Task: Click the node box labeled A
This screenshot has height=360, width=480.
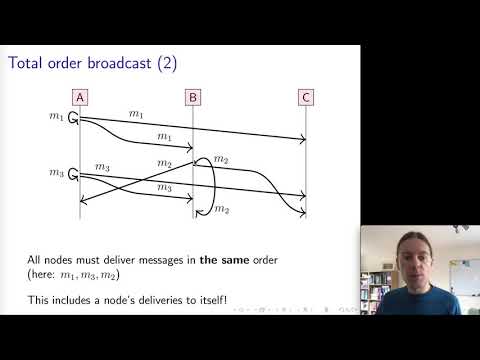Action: tap(79, 97)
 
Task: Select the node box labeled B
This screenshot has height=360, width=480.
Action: tap(193, 97)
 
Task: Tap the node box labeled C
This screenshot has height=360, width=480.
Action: tap(305, 97)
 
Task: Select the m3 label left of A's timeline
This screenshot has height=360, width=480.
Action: tap(55, 174)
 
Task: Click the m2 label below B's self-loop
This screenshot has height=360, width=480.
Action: tap(223, 209)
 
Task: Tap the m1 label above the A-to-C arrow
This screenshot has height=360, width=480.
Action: tap(135, 116)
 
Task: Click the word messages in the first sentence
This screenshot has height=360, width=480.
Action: tap(171, 260)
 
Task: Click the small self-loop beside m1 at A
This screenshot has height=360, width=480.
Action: tap(74, 120)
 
